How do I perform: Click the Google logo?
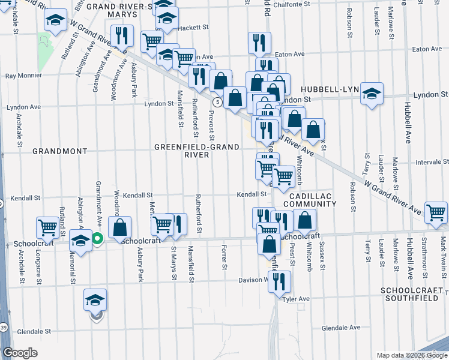pyautogui.click(x=20, y=353)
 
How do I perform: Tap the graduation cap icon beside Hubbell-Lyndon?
pyautogui.click(x=372, y=92)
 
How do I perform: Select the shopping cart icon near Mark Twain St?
pyautogui.click(x=436, y=212)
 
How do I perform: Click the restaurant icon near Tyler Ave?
pyautogui.click(x=279, y=281)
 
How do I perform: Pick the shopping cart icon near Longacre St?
pyautogui.click(x=47, y=227)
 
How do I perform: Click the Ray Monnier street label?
pyautogui.click(x=23, y=76)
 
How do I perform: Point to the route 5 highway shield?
pyautogui.click(x=219, y=103)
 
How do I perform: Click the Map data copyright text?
pyautogui.click(x=411, y=355)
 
